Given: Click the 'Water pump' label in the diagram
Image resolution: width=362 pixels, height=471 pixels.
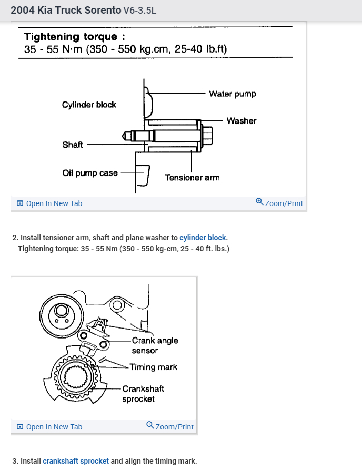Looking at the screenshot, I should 232,94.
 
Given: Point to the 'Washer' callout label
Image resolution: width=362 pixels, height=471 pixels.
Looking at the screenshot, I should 241,121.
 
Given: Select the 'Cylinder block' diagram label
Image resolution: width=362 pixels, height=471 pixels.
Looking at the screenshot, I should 89,105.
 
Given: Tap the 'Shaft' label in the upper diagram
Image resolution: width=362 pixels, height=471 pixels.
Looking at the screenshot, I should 73,145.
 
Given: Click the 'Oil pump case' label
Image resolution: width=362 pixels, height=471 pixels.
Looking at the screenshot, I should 90,173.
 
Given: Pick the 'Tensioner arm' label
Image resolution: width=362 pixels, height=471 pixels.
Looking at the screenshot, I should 192,178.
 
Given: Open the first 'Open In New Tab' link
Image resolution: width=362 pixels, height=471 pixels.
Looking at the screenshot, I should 54,203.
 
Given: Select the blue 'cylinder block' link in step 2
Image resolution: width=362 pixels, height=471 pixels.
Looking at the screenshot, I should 203,238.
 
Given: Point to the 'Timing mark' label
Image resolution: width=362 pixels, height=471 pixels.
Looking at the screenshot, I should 153,367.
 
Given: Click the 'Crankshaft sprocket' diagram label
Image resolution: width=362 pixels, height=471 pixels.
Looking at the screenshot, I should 143,394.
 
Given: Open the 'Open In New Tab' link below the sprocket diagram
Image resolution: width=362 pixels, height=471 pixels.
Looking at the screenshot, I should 54,427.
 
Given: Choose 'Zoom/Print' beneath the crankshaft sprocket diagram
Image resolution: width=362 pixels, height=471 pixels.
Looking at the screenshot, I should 174,427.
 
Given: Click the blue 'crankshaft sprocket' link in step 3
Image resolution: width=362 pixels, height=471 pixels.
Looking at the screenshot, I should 76,461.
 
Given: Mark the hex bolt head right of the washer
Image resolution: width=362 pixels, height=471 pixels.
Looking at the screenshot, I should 207,135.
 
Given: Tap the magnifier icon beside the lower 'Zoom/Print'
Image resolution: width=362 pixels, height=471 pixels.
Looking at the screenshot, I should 150,425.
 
